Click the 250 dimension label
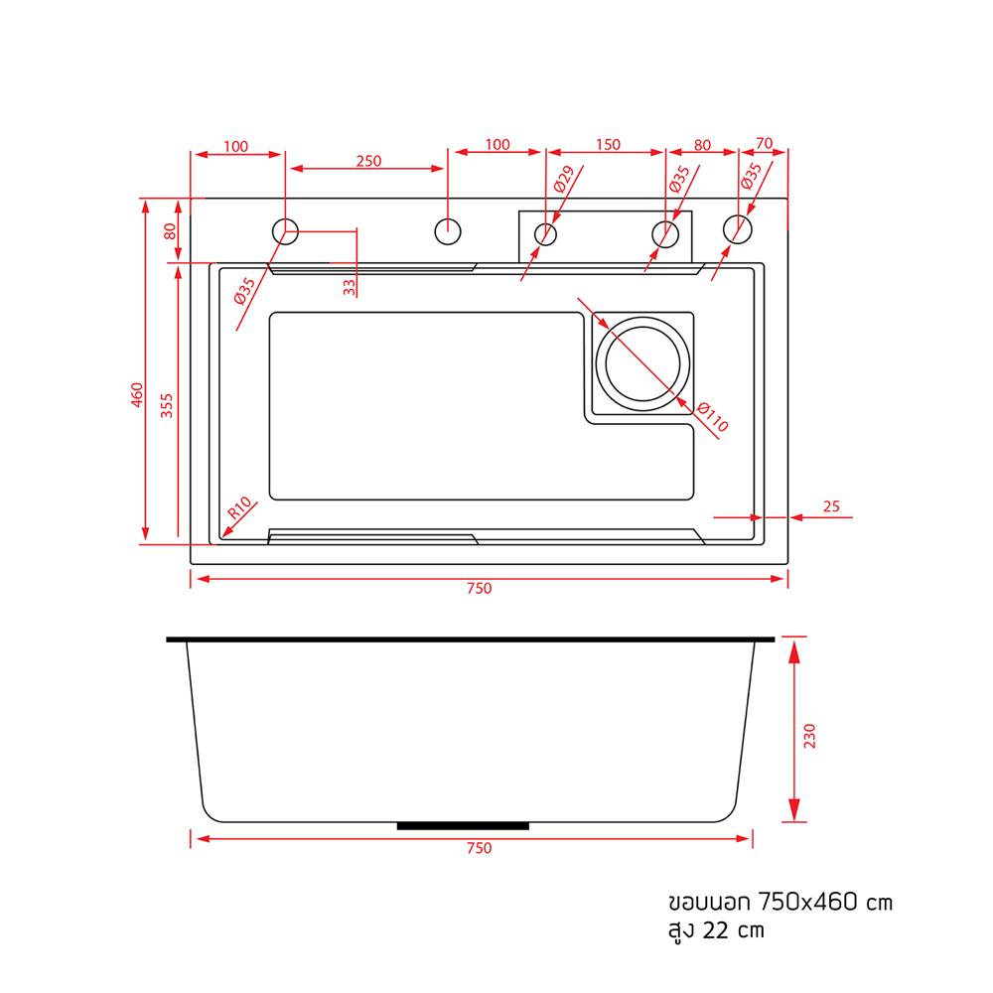pos(368,160)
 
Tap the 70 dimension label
pos(764,143)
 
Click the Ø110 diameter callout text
pos(713,417)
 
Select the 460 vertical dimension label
pos(137,396)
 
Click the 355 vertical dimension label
pos(167,406)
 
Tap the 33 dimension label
pos(349,287)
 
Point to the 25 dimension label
pos(832,506)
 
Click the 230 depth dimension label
pos(808,735)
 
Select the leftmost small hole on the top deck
pos(286,231)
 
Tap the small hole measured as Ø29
pos(545,234)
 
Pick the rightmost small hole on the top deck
pos(737,229)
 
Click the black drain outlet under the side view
pos(463,825)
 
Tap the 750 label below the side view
pos(479,848)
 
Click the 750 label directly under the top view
pos(479,588)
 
